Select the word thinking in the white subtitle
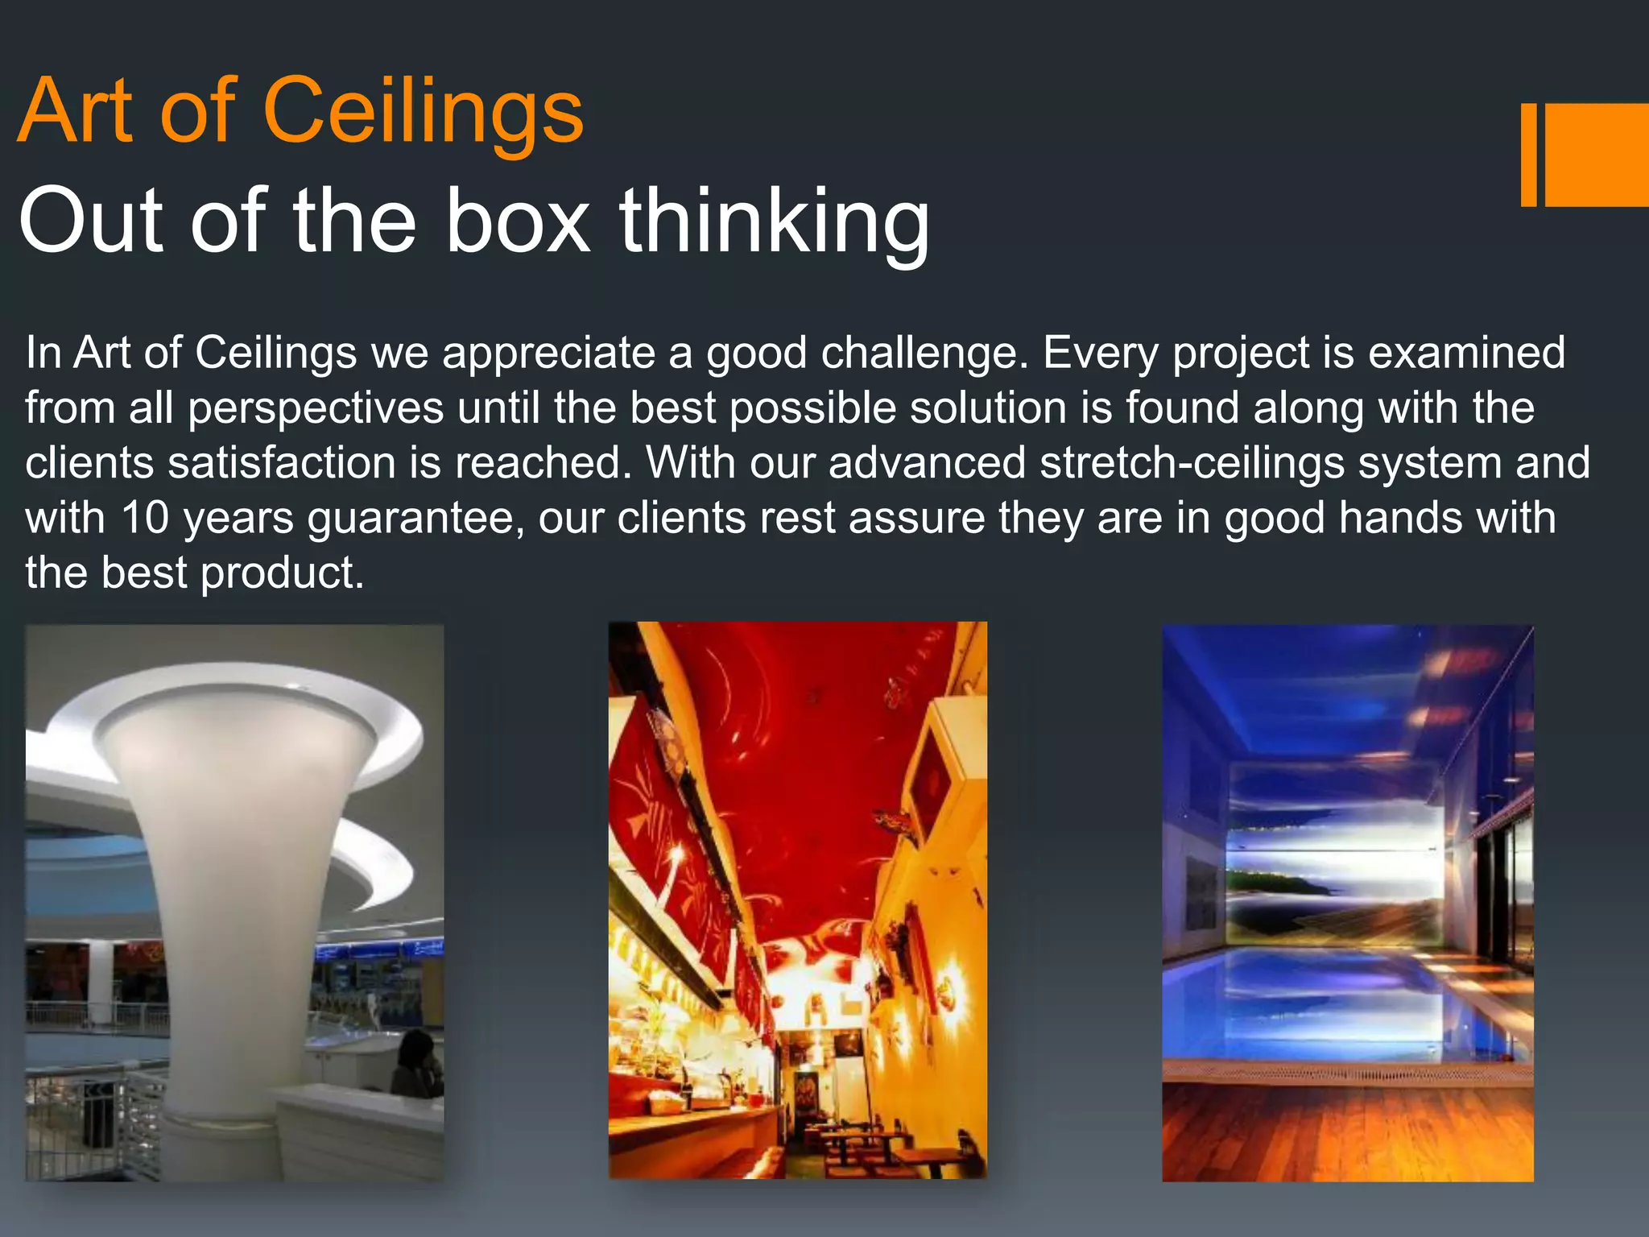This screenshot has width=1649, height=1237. pos(774,220)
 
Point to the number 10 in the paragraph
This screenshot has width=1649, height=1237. pos(145,518)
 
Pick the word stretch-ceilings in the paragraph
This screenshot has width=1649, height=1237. pos(1192,463)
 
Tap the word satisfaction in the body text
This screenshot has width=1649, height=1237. pos(282,463)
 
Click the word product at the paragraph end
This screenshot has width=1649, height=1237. pos(282,573)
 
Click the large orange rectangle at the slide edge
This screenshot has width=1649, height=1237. pos(1596,155)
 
